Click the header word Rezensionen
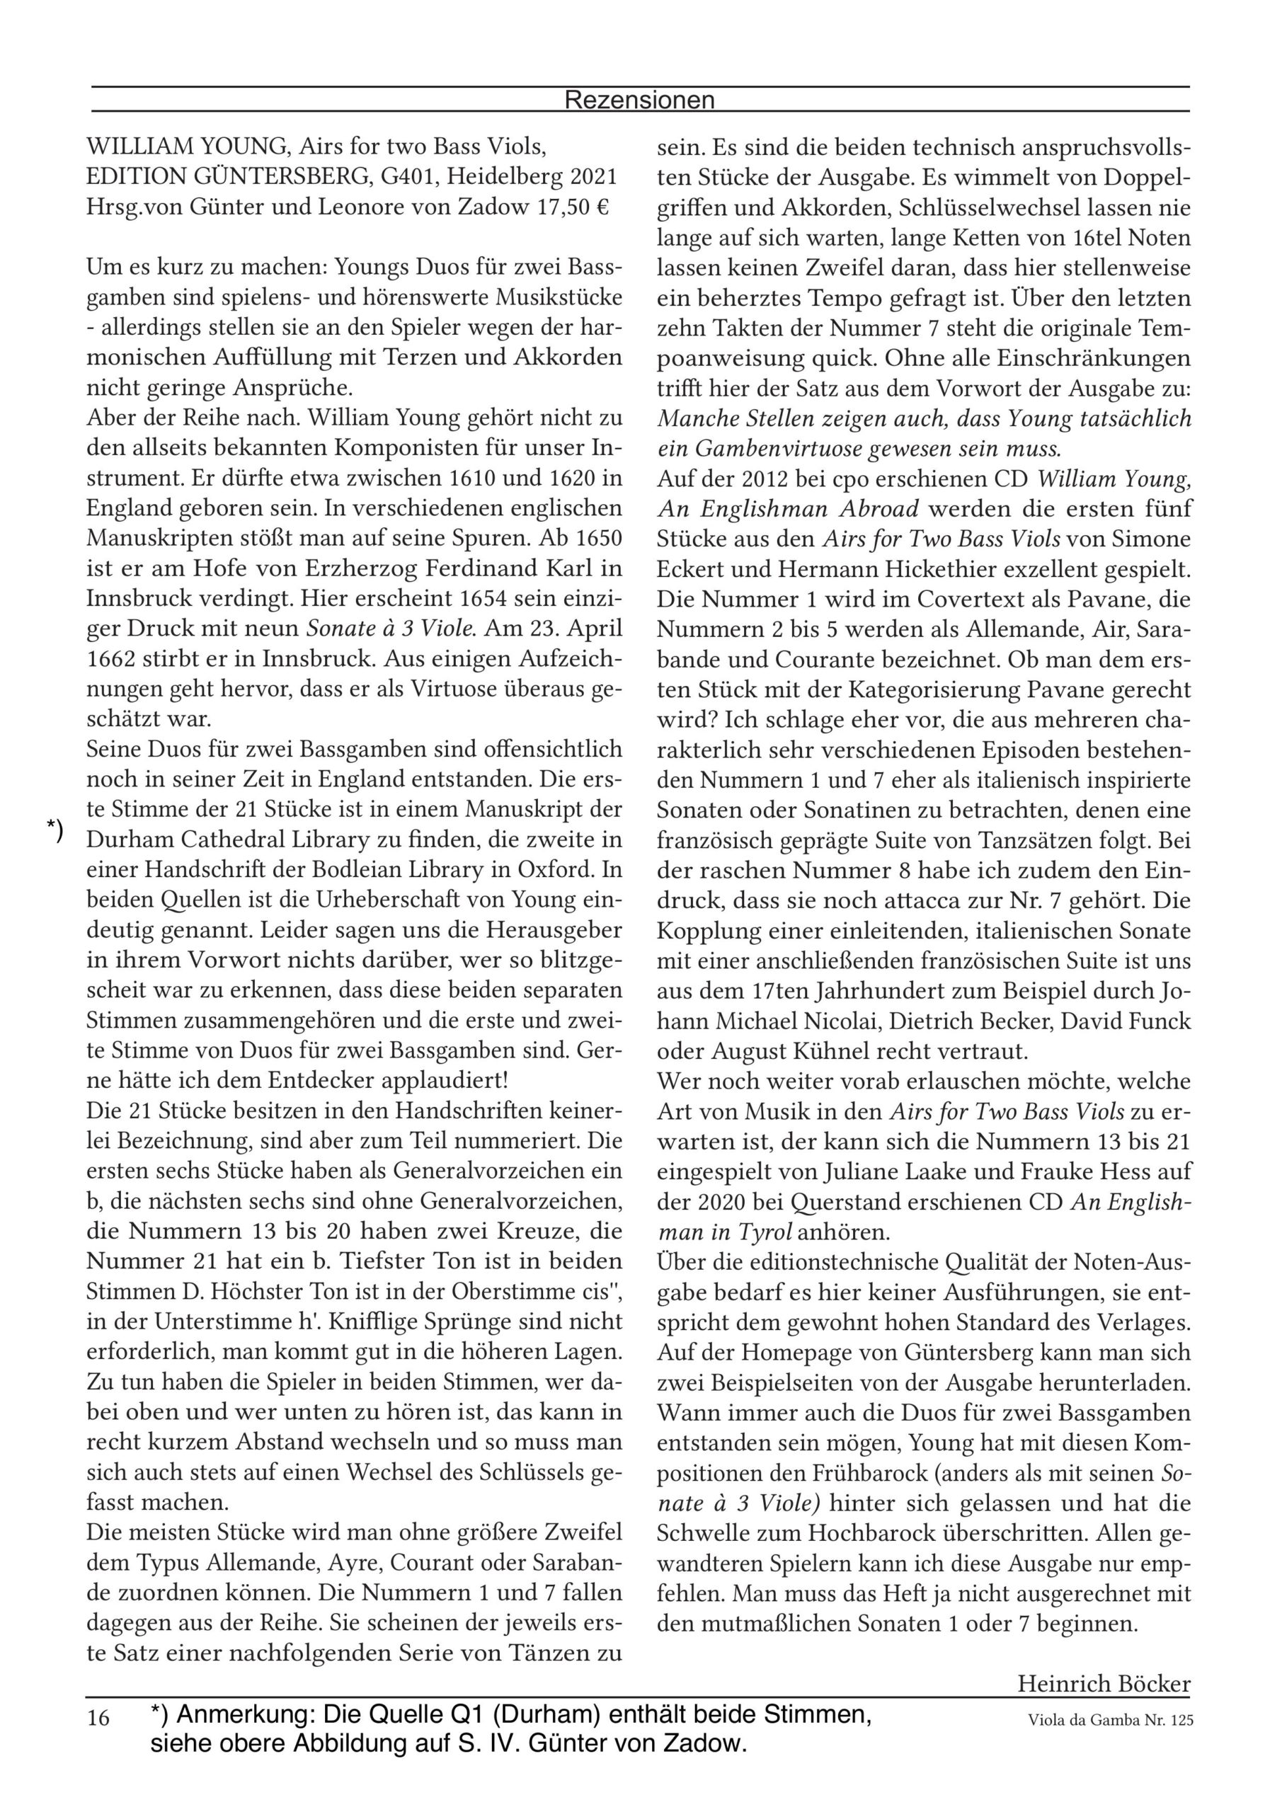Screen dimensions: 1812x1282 coord(639,101)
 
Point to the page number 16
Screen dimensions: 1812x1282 coord(98,1718)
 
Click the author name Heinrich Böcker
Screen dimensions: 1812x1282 coord(1103,1684)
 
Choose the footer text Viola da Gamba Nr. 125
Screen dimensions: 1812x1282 coord(1110,1721)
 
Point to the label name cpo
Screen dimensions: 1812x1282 coord(855,479)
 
